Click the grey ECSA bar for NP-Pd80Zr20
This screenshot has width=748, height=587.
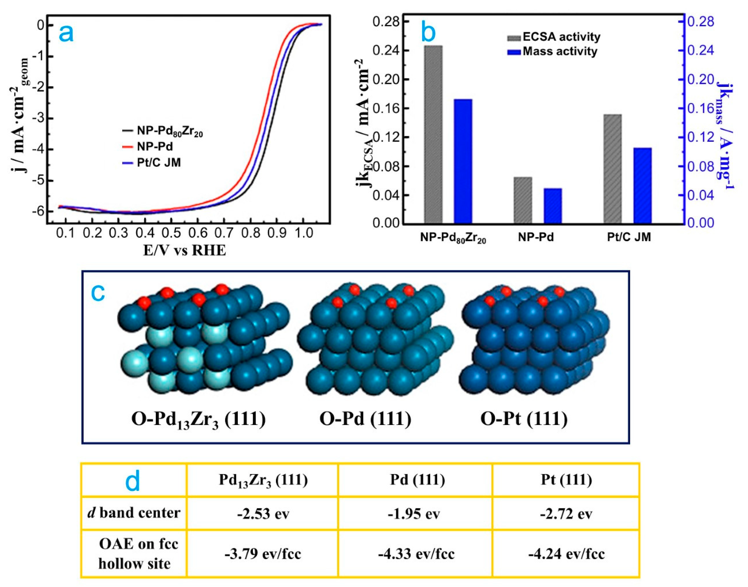(x=433, y=134)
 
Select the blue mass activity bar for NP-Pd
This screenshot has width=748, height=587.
(x=552, y=206)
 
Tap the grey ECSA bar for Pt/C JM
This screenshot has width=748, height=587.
(x=612, y=168)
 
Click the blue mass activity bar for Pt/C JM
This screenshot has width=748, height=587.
(x=642, y=186)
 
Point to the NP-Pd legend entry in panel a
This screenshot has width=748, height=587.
(x=155, y=147)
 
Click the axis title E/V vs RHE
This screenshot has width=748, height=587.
(x=185, y=250)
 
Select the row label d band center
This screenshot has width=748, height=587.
(x=134, y=513)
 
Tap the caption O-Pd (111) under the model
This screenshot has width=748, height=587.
(x=365, y=419)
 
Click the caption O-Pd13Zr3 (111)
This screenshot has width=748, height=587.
(x=199, y=420)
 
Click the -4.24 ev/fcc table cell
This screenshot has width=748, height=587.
(x=566, y=554)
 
